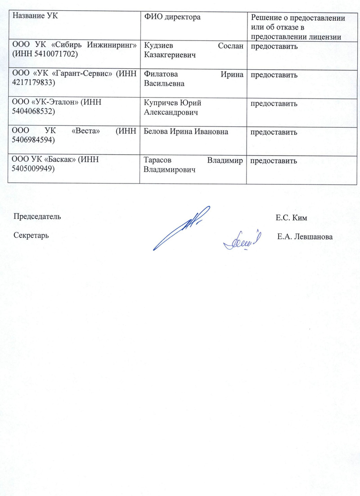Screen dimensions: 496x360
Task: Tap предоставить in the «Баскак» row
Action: coord(274,161)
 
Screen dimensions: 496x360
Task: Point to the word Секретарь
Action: coord(31,235)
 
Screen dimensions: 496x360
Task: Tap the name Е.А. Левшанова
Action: coord(305,237)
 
